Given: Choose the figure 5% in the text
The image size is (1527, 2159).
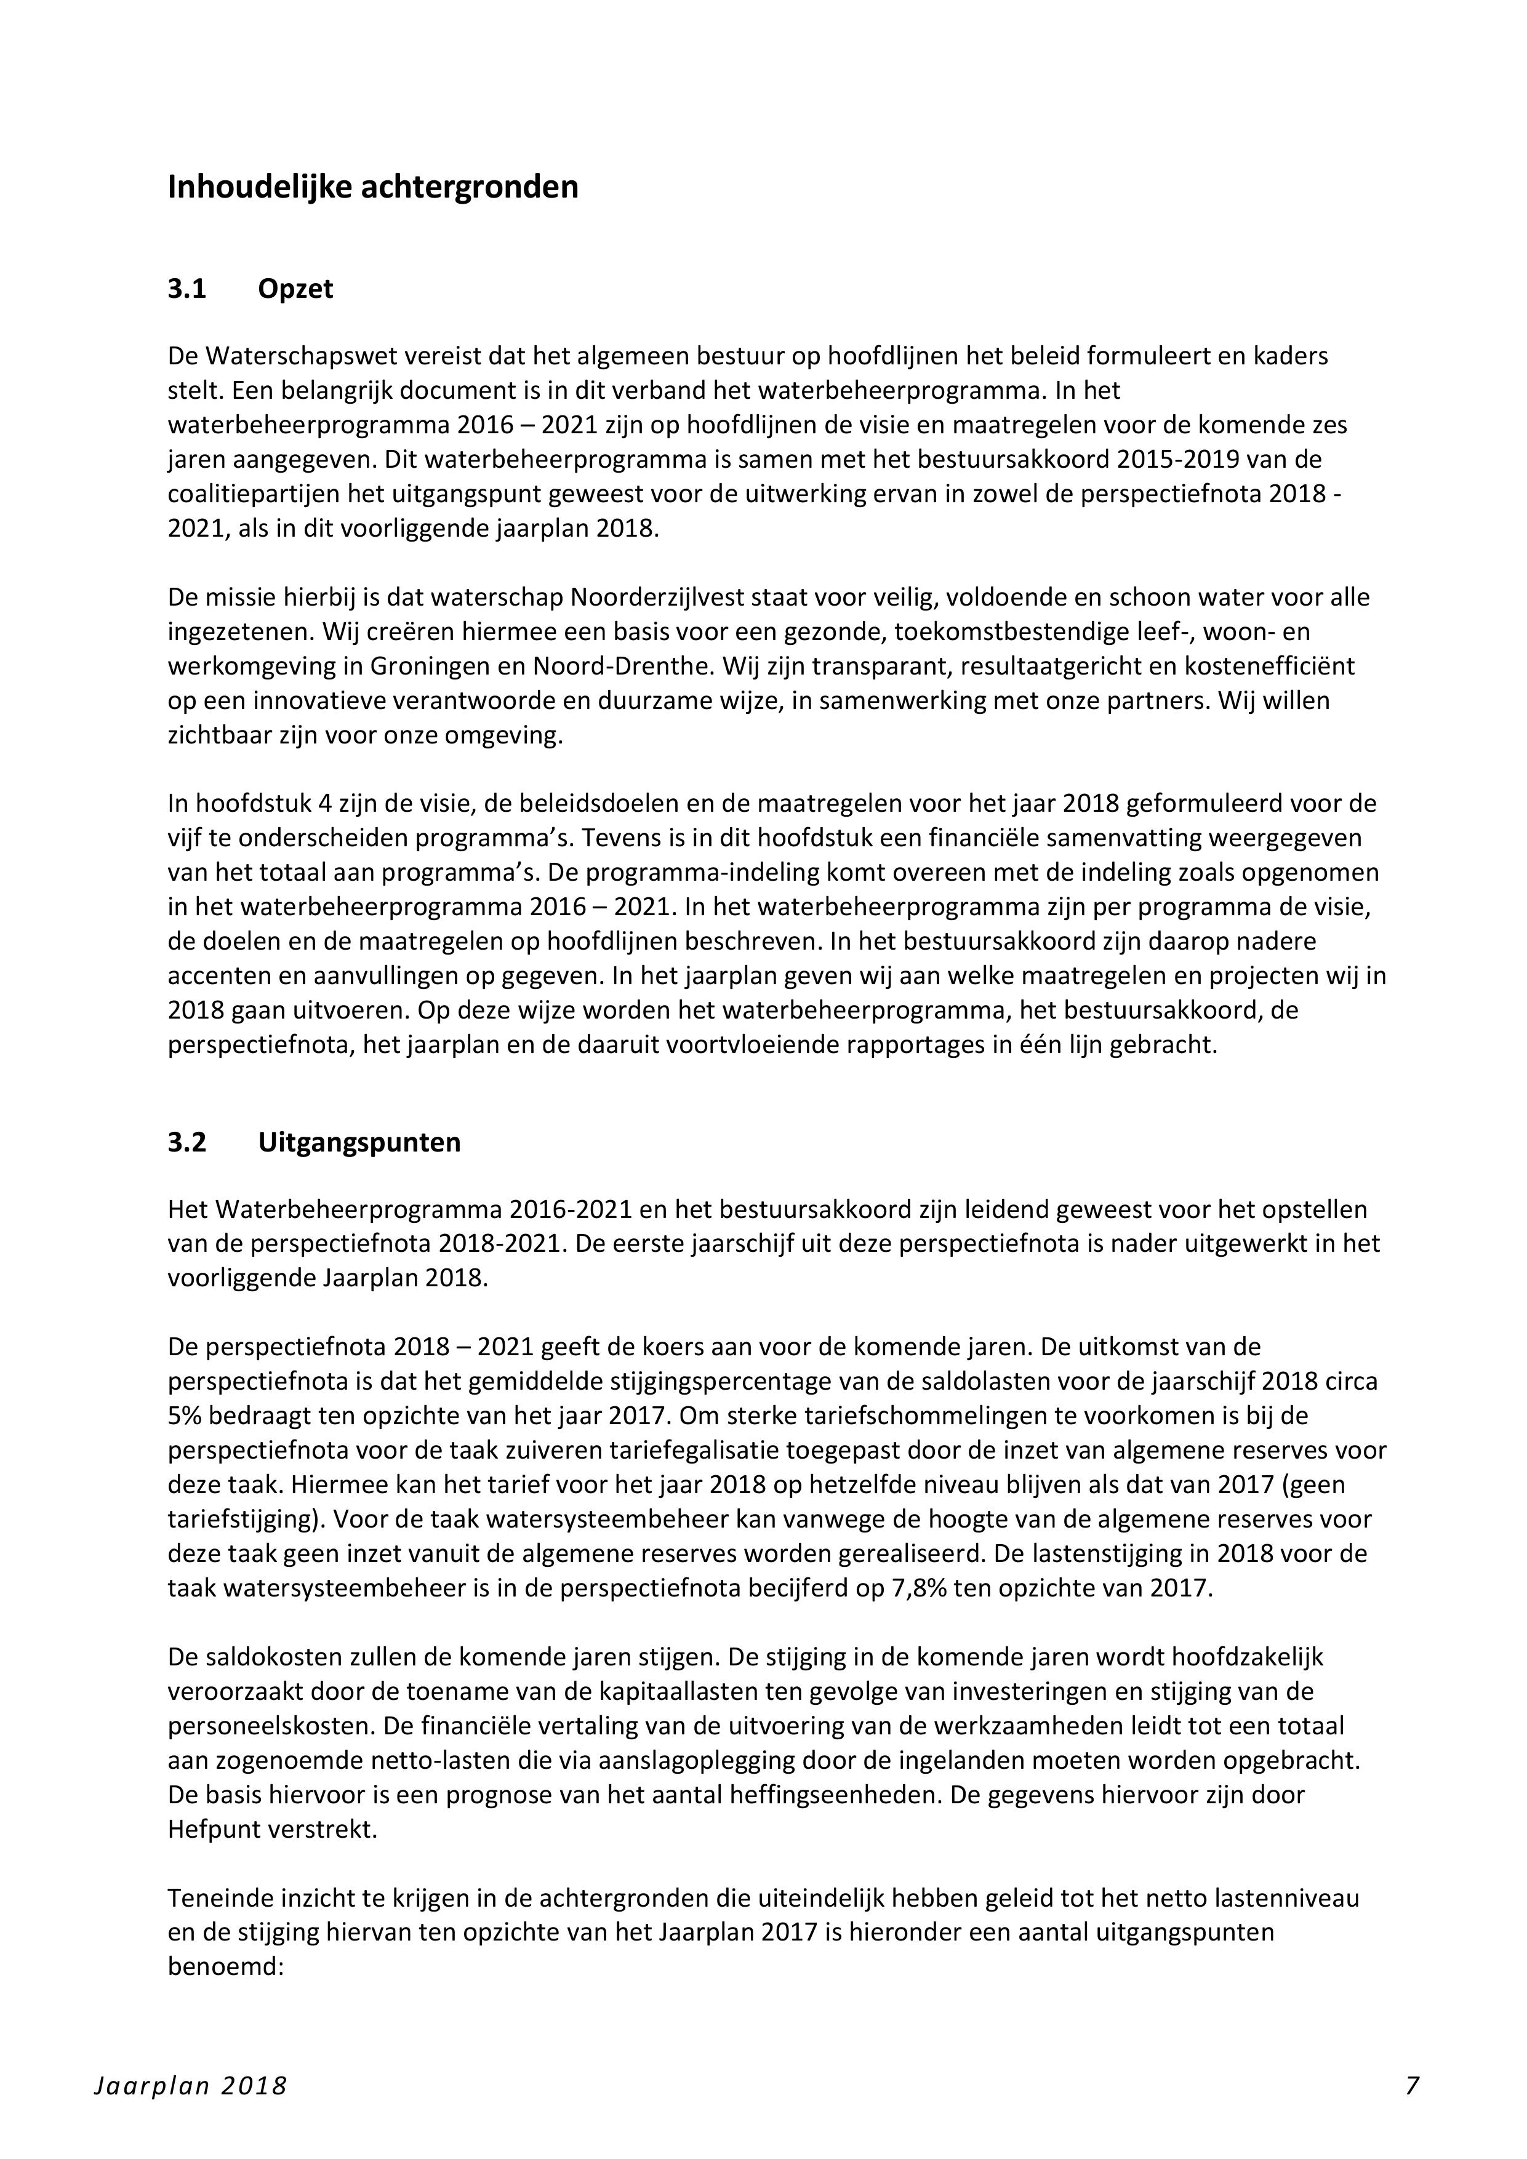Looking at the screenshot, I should click(185, 1415).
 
